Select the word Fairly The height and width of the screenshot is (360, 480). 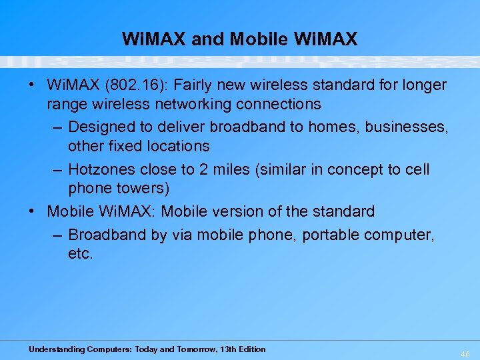pyautogui.click(x=197, y=86)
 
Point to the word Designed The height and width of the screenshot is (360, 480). pyautogui.click(x=102, y=127)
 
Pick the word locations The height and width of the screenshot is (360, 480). pyautogui.click(x=176, y=146)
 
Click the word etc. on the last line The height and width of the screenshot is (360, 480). pyautogui.click(x=80, y=254)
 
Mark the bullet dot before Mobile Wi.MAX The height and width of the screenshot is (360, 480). pyautogui.click(x=31, y=212)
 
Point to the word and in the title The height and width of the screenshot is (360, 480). pyautogui.click(x=208, y=39)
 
